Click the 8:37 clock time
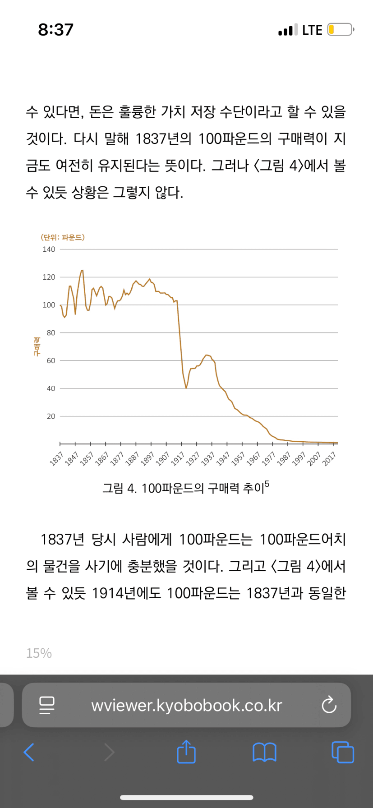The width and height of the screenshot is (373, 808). (x=55, y=30)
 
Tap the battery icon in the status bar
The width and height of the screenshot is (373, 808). (x=340, y=30)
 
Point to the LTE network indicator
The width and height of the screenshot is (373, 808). (x=312, y=30)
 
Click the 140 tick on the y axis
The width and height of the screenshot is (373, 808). (x=49, y=249)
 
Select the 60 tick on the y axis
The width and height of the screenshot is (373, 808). (x=51, y=361)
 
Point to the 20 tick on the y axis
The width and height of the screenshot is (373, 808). (x=51, y=416)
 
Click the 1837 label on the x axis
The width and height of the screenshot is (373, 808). (x=56, y=458)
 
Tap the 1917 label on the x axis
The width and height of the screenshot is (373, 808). (x=178, y=458)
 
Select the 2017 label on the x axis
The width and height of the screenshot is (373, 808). (x=329, y=458)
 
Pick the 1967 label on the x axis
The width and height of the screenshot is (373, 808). (x=253, y=458)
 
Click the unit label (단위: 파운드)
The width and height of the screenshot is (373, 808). (x=62, y=237)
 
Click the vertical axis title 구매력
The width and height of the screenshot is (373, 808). (x=37, y=346)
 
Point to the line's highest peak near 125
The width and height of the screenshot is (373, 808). (x=82, y=271)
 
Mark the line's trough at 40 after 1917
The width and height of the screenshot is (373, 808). (x=186, y=388)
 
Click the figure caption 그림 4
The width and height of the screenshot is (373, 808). (x=119, y=489)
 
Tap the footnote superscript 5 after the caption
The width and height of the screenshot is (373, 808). (x=267, y=485)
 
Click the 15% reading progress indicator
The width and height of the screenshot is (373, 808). (x=39, y=653)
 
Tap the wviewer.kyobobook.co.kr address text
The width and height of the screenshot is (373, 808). (x=187, y=705)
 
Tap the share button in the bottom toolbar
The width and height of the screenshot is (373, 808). (x=186, y=752)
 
